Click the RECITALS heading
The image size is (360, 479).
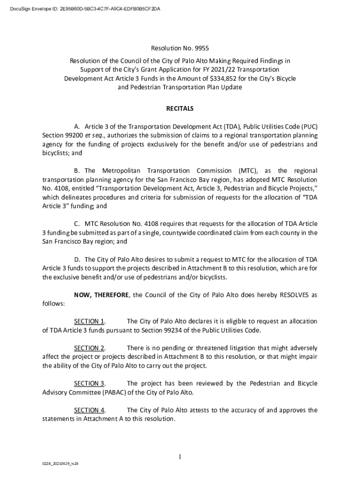point(180,109)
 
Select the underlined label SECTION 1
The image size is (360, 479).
point(89,321)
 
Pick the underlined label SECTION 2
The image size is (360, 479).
point(89,348)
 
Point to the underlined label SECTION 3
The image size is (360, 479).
point(89,384)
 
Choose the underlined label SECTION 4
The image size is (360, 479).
point(89,410)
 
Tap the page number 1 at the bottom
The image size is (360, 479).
point(180,457)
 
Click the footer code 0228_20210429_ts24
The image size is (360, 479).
point(58,464)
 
